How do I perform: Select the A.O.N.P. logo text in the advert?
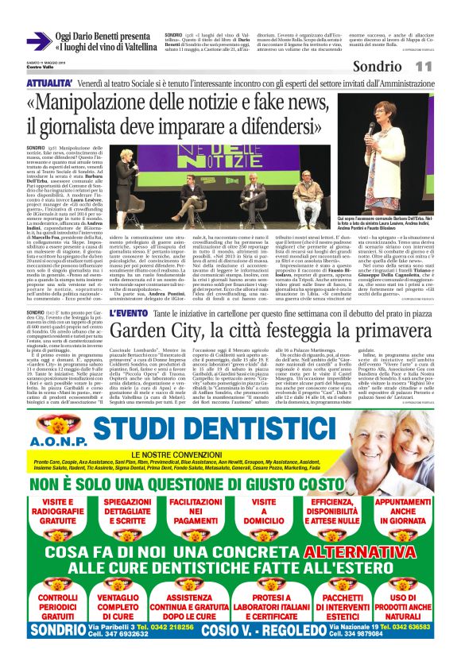(x=56, y=439)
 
